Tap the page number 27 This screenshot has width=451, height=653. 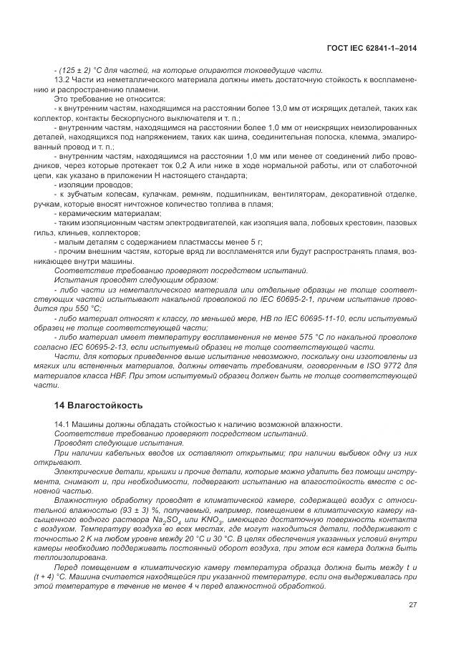(412, 607)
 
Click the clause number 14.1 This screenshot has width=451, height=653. (63, 425)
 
